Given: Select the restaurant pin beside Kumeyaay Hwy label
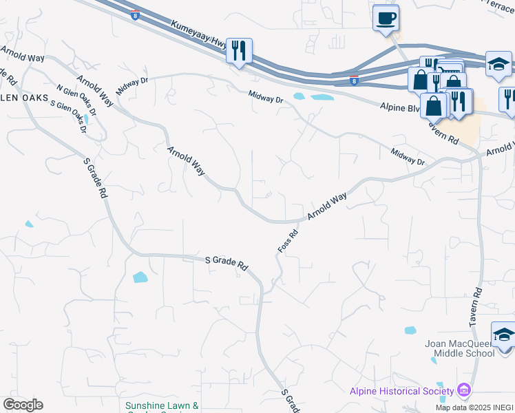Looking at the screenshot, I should [x=239, y=50].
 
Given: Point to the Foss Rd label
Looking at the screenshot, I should [x=287, y=240].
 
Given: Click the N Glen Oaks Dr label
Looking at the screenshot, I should [x=77, y=100].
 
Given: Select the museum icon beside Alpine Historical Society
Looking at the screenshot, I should [x=463, y=391].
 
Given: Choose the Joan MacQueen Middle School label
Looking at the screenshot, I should [x=464, y=348].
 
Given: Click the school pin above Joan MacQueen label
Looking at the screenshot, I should [x=503, y=335].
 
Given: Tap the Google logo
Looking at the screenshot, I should [x=23, y=405].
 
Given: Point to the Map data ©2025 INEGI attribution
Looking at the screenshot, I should [x=474, y=407].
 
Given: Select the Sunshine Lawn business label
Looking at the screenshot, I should [x=162, y=407].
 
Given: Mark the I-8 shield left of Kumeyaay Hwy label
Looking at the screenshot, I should [x=135, y=14].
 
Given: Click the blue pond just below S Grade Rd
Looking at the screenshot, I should [x=140, y=277].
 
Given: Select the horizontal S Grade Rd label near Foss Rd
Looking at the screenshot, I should [x=227, y=262].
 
